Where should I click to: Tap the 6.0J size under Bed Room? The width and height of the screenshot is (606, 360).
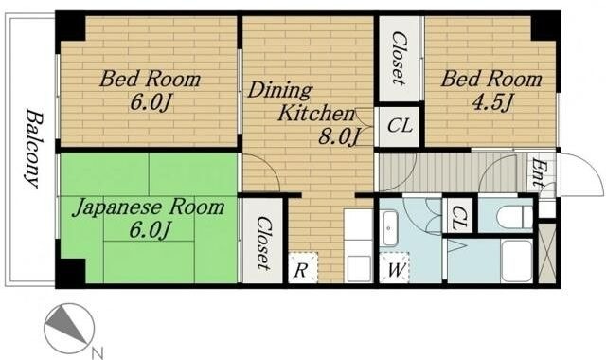(x=151, y=102)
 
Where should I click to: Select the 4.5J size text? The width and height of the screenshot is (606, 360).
(x=491, y=102)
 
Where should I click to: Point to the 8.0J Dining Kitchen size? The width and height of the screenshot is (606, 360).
(x=339, y=136)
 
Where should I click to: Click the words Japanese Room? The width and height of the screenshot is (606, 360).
(x=149, y=207)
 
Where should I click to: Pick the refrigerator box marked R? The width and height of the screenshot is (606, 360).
(x=303, y=267)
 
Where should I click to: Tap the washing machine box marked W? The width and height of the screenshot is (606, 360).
(x=395, y=267)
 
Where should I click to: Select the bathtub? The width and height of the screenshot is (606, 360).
(x=517, y=261)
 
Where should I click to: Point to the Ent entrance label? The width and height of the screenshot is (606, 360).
(x=539, y=172)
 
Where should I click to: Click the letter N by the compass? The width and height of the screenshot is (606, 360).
(x=97, y=352)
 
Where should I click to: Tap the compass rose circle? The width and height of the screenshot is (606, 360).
(x=69, y=328)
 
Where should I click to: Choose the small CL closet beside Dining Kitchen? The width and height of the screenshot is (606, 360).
(x=400, y=126)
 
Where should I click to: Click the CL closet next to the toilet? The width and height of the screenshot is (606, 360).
(x=458, y=217)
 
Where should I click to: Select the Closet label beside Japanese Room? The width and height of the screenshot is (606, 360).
(x=263, y=243)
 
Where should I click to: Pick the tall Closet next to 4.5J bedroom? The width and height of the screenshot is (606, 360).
(x=400, y=58)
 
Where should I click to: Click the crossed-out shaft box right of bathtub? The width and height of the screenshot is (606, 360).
(x=547, y=252)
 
